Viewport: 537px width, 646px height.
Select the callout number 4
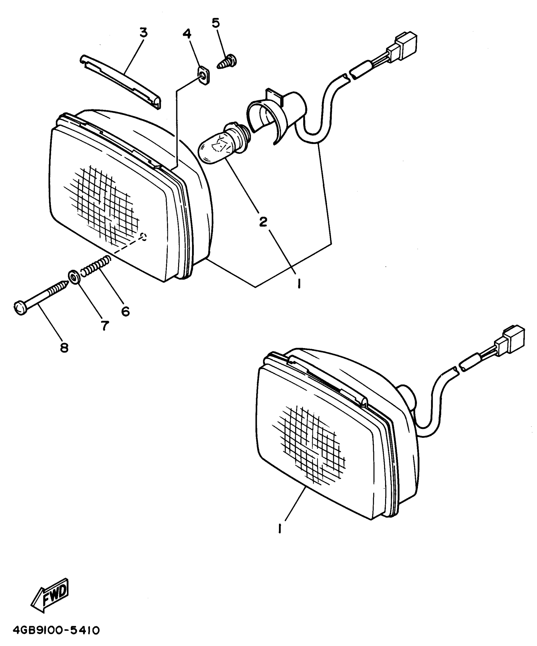tap(187, 33)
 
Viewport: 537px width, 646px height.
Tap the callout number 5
tap(216, 23)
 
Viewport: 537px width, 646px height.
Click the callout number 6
tap(125, 311)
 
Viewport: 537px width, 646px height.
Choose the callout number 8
tap(64, 348)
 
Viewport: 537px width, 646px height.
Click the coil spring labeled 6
tap(96, 266)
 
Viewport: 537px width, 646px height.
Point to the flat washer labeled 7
tap(74, 277)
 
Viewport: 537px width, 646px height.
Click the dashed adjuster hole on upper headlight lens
tap(144, 237)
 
